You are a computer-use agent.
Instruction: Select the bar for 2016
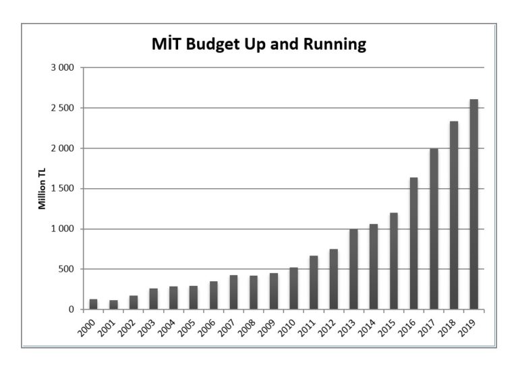[414, 243]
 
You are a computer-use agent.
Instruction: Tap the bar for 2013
[353, 269]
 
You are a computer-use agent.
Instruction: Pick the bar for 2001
[113, 305]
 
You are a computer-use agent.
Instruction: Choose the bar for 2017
[434, 229]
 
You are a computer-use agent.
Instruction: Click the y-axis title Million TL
[42, 189]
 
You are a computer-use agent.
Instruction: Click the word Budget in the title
[212, 45]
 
